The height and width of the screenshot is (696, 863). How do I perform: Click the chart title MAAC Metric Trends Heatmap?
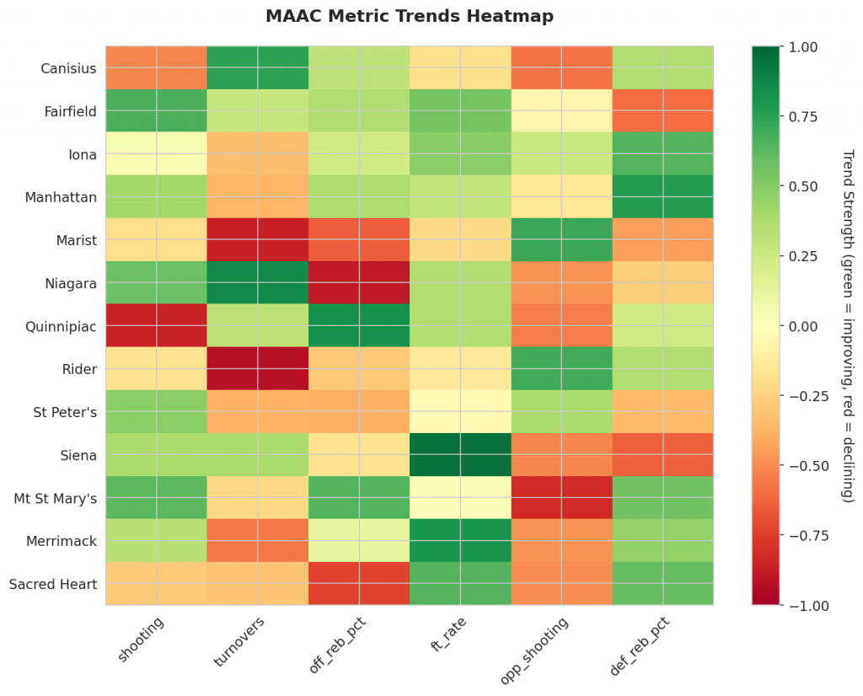(409, 16)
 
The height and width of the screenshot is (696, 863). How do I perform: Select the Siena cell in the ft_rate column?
(460, 455)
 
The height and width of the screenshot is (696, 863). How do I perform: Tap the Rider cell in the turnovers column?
(258, 369)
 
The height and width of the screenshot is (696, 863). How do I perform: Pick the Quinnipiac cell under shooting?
(156, 326)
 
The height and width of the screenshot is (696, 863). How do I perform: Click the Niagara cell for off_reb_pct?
(359, 283)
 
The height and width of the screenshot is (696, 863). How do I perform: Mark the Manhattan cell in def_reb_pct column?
(662, 197)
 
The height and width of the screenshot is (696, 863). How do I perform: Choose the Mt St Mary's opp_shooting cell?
(561, 498)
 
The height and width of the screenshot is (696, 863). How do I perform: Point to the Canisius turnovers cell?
(258, 68)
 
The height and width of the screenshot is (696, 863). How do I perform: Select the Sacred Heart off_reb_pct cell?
(359, 584)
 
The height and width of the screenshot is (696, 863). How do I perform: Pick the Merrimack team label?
(62, 541)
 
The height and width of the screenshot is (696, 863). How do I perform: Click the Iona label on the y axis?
(82, 154)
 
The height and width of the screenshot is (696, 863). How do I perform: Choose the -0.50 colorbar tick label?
(806, 465)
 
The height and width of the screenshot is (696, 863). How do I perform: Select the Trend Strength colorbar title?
(848, 326)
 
